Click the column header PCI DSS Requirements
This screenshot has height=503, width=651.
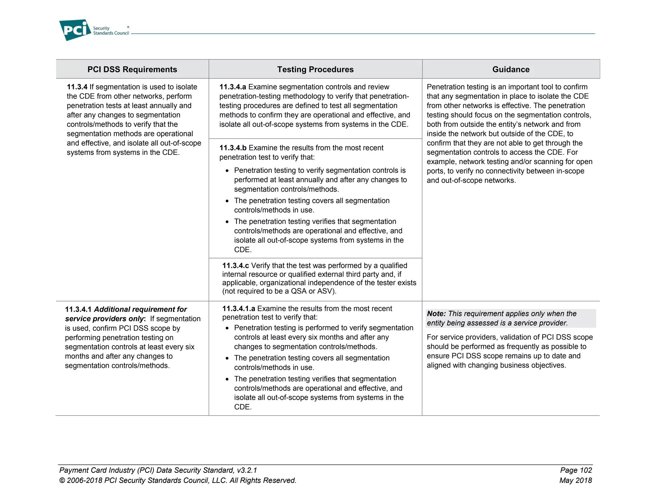click(132, 69)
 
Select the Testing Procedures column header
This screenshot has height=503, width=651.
click(315, 69)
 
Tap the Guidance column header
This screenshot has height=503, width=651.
click(511, 69)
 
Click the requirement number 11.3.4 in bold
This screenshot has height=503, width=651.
click(77, 87)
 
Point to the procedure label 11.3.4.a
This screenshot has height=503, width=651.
click(233, 87)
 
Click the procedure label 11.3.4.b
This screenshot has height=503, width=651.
click(233, 148)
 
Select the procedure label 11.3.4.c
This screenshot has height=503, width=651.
click(235, 265)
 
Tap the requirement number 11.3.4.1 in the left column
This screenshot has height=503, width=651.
click(78, 309)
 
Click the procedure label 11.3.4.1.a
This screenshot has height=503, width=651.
click(238, 308)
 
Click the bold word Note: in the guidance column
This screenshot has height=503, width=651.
click(436, 314)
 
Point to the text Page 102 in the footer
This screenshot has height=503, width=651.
click(576, 470)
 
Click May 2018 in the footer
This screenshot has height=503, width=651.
click(575, 480)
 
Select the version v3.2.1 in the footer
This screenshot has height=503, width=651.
click(247, 470)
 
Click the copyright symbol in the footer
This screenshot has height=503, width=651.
click(62, 480)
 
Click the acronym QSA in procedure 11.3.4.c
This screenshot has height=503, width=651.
click(298, 291)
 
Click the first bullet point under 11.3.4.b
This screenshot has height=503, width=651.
click(227, 171)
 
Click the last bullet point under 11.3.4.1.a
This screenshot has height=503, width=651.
click(227, 379)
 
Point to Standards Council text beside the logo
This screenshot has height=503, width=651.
click(111, 33)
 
